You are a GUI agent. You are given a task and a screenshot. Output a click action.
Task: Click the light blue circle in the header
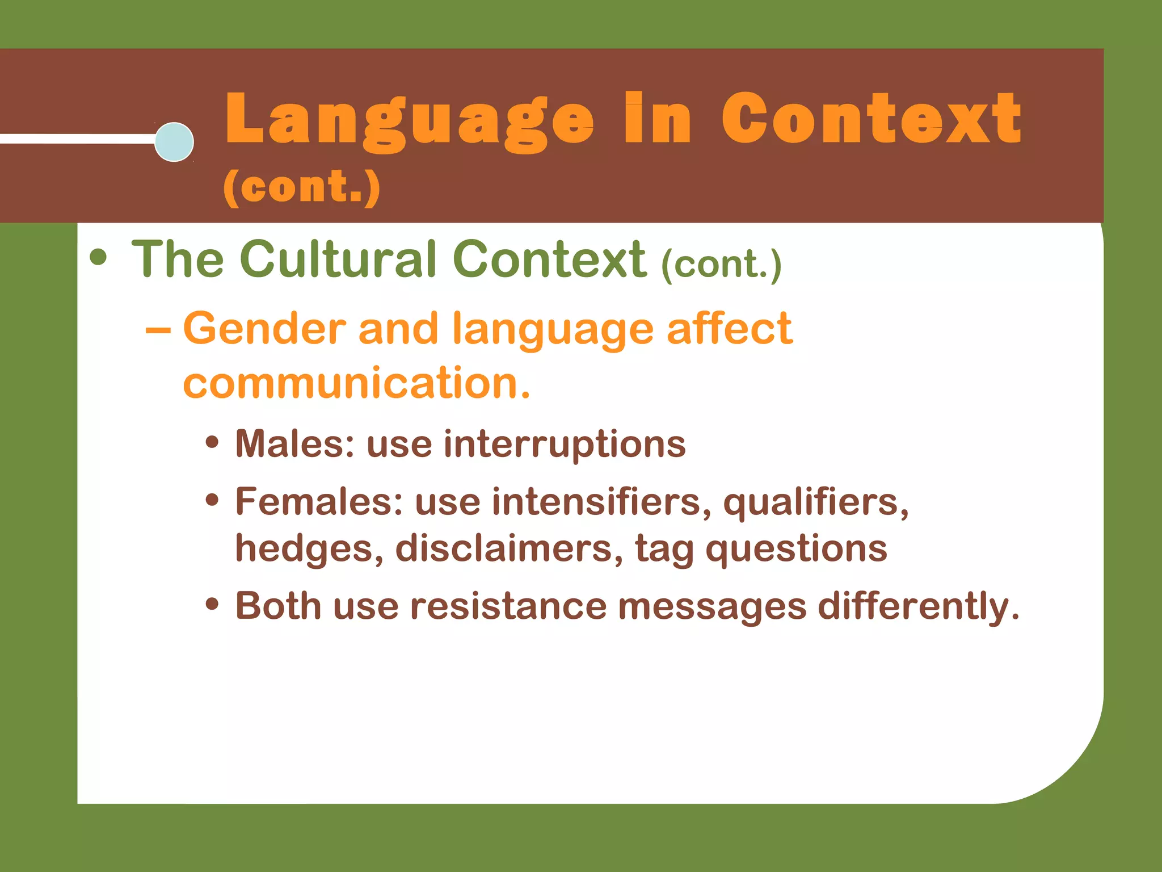tap(174, 142)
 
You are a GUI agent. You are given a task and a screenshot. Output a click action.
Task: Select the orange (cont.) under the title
tap(301, 187)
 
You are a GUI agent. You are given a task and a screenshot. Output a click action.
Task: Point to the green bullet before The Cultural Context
tap(98, 257)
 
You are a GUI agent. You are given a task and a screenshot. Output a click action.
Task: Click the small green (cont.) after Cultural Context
tap(721, 265)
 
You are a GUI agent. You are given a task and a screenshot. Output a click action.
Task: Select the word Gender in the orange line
tap(264, 329)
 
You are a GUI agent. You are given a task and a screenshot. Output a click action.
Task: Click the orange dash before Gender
tap(158, 330)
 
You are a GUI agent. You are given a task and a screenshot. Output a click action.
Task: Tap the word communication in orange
tap(356, 383)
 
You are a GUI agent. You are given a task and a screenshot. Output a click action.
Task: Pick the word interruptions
tap(565, 445)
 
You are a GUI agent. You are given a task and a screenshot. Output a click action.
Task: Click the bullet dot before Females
tap(212, 500)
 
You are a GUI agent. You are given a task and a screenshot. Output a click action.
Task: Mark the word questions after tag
tap(796, 550)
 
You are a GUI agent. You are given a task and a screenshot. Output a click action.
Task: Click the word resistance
tap(508, 606)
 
